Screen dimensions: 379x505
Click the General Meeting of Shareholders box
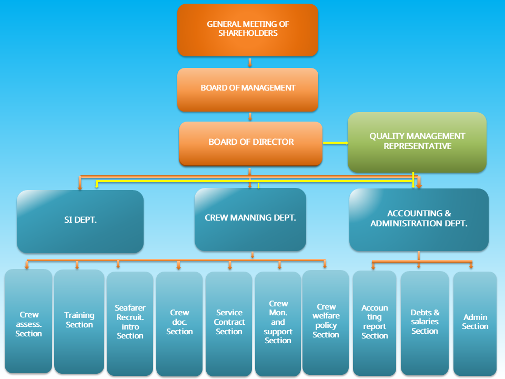click(248, 30)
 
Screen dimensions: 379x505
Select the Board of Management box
click(248, 89)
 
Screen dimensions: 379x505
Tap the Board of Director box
click(250, 143)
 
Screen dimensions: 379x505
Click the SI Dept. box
click(80, 221)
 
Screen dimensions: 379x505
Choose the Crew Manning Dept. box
click(250, 219)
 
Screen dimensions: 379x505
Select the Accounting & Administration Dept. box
click(419, 219)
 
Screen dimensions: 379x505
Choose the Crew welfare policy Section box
click(326, 322)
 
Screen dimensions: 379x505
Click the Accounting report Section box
click(375, 323)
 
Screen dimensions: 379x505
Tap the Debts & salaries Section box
click(425, 323)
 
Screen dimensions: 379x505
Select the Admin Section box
click(475, 323)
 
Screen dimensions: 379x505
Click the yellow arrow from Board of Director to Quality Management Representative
click(335, 143)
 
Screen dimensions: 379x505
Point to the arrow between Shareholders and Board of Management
click(250, 63)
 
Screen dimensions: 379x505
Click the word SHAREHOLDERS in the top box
click(248, 33)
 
